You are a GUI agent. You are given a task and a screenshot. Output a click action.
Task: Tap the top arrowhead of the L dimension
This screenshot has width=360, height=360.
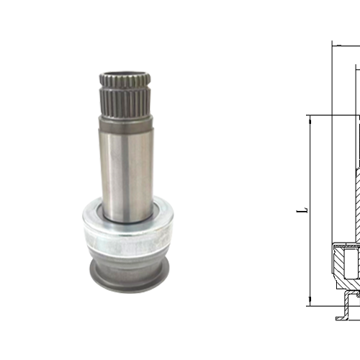coord(310,118)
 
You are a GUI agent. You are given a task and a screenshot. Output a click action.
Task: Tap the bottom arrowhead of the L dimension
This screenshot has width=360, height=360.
coord(310,301)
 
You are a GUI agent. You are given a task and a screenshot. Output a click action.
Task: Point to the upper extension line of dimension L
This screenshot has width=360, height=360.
coord(331,114)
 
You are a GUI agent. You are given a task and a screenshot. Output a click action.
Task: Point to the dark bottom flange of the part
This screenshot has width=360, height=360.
coord(127,274)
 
